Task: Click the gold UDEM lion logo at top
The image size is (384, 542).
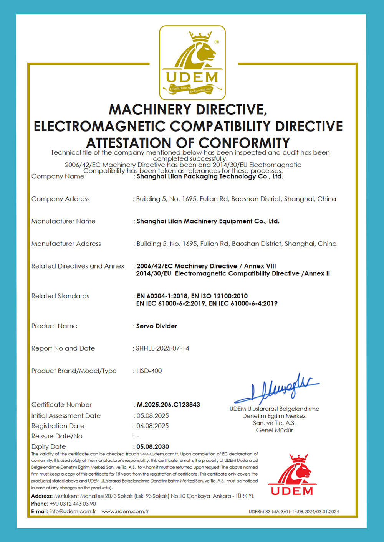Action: (x=192, y=63)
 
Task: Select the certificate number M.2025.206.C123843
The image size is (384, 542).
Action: (x=168, y=405)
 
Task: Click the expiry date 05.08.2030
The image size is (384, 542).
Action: (x=152, y=446)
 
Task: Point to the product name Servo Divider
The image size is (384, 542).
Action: (x=157, y=326)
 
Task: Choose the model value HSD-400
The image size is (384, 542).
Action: (x=149, y=371)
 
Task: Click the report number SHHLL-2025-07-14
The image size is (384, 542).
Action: (x=162, y=348)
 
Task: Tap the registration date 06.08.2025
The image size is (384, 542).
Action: (x=152, y=426)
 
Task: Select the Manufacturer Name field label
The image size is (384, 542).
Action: (x=63, y=221)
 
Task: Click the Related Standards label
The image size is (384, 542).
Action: (x=60, y=296)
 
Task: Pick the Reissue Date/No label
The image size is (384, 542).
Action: (x=57, y=436)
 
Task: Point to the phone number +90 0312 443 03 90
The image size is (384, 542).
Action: (x=73, y=504)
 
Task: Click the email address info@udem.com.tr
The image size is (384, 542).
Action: (x=73, y=511)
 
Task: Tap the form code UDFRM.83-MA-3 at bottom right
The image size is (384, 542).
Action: (x=294, y=512)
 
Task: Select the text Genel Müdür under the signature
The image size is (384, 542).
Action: (x=274, y=430)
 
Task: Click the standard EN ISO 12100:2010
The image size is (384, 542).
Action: (x=219, y=296)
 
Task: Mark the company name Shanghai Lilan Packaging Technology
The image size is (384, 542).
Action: (x=210, y=176)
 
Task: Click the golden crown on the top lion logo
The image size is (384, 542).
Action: (x=200, y=37)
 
